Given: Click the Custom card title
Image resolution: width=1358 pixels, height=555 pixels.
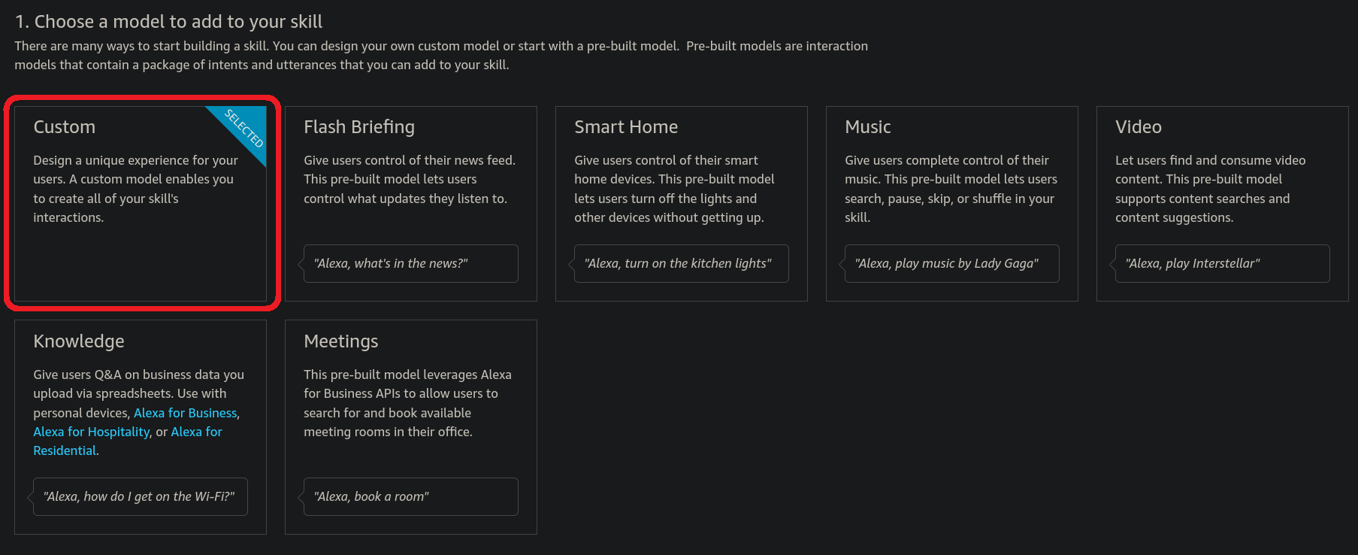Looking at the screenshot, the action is [64, 127].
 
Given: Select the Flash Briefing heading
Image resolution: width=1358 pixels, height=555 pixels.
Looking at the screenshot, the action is [359, 127].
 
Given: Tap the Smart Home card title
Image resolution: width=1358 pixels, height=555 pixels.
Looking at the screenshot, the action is [626, 127].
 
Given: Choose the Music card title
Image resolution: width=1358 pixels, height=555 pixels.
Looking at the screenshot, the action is [868, 127].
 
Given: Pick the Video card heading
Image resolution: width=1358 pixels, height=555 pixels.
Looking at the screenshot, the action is [1139, 127].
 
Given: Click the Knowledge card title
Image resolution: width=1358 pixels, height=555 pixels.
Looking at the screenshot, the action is [79, 341].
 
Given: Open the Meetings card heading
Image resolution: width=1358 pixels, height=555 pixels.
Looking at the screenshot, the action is [341, 341].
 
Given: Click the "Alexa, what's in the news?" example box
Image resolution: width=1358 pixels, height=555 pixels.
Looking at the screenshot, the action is [411, 263].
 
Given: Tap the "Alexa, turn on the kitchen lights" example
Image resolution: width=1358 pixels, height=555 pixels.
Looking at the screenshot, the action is [682, 263].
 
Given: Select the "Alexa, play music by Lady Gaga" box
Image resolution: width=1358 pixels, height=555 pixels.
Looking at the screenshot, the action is [952, 263].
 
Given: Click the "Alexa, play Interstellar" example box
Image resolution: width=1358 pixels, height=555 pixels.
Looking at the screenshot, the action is [1223, 263].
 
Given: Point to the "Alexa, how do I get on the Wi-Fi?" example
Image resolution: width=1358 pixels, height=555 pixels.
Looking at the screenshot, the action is [141, 496].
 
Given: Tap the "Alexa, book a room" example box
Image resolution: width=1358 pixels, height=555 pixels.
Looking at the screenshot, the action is [411, 496].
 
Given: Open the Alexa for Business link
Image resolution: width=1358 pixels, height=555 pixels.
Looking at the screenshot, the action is [186, 413].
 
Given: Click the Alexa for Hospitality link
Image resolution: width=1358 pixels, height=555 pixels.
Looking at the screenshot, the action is [92, 432].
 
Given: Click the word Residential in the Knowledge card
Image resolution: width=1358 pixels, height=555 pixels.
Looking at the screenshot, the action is [65, 450].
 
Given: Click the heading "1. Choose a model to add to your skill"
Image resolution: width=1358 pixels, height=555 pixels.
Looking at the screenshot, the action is [168, 22].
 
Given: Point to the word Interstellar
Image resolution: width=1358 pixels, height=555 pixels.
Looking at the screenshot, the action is [1224, 263].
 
